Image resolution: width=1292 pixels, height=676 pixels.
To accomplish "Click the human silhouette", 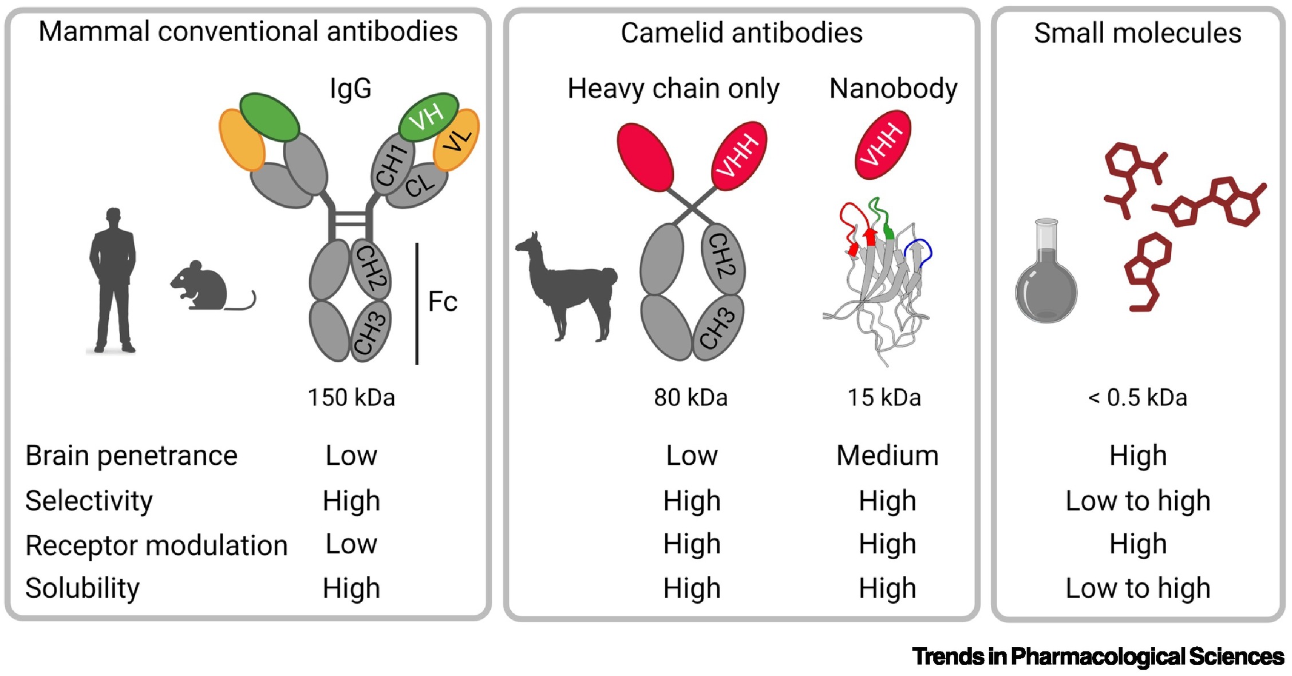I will [113, 280].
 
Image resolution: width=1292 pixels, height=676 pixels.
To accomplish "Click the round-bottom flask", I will [1046, 280].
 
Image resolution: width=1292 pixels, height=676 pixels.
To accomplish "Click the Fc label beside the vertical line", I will [442, 302].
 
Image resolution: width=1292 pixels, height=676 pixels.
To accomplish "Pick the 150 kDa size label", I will [351, 397].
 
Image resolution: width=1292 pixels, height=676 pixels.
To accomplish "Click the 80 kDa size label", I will [690, 397].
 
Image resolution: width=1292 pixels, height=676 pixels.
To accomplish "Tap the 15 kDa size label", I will [884, 397].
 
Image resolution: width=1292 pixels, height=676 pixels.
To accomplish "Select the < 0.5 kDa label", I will [1137, 397].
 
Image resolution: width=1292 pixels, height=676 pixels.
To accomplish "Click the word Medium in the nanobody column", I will [887, 456].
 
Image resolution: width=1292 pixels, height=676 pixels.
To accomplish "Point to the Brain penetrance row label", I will [131, 456].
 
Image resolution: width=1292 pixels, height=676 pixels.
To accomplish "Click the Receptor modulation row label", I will [156, 545].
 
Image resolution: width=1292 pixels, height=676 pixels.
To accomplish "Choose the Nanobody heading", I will [893, 89].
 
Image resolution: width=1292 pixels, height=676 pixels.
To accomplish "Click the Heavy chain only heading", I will [673, 89].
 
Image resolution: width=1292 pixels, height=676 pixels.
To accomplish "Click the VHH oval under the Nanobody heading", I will [883, 145].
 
